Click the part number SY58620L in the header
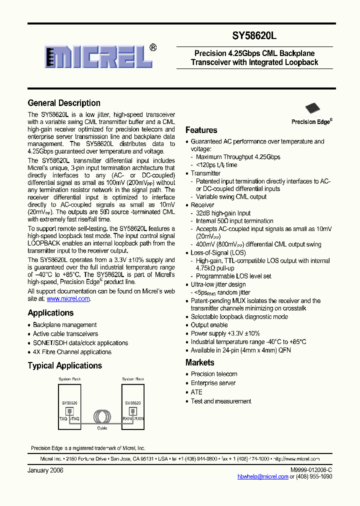pos(254,36)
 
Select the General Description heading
pos(64,103)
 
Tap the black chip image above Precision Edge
pos(312,108)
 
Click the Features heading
pos(201,130)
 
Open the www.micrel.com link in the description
pos(68,298)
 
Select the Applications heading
pos(50,313)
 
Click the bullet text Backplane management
pos(64,325)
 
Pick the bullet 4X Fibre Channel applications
pos(72,352)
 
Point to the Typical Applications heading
pos(64,365)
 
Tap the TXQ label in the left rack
pos(63,418)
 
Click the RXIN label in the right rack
pos(127,418)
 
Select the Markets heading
pos(199,362)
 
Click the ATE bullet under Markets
pos(196,392)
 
